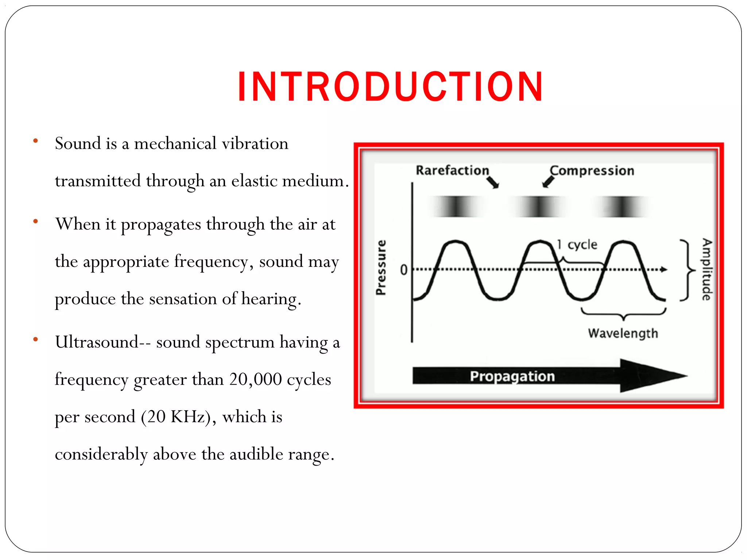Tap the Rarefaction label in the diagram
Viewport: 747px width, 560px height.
click(x=452, y=170)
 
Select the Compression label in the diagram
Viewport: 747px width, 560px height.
click(x=592, y=171)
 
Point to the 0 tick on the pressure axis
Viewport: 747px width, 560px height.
click(x=403, y=270)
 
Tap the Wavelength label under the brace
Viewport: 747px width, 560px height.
click(x=623, y=333)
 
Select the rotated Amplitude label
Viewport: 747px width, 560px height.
click(x=707, y=269)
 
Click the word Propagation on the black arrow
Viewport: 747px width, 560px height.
click(x=512, y=376)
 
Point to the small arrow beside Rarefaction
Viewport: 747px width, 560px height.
click(x=493, y=182)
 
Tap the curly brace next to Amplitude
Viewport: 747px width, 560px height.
click(x=687, y=270)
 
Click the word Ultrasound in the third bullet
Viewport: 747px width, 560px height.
click(x=97, y=342)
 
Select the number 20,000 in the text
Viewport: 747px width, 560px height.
click(x=255, y=379)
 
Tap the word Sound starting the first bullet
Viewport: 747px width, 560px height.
click(x=78, y=143)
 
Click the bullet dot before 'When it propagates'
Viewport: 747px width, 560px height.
click(x=35, y=221)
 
